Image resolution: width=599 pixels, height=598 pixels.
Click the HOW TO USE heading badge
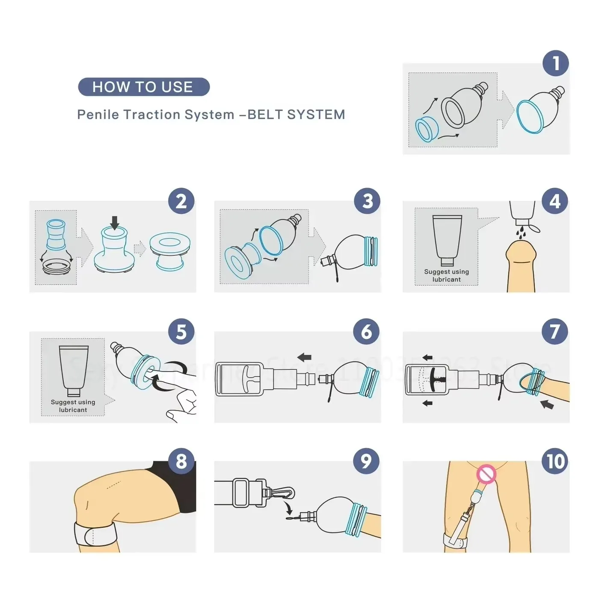coord(144,87)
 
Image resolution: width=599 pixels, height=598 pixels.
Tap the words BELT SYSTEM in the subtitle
coord(296,115)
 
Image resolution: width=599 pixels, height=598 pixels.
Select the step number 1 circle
coord(555,63)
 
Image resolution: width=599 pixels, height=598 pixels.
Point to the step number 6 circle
coord(366,332)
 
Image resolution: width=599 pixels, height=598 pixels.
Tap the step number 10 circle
coord(555,461)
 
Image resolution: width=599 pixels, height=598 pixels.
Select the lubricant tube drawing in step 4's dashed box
coord(447,239)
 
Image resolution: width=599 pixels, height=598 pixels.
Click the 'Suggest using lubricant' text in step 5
coord(73,406)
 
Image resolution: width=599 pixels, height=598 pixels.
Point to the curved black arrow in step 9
coord(289,509)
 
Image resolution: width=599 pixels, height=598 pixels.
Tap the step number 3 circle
coord(368,201)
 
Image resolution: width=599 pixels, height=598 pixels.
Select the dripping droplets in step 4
coord(520,233)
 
